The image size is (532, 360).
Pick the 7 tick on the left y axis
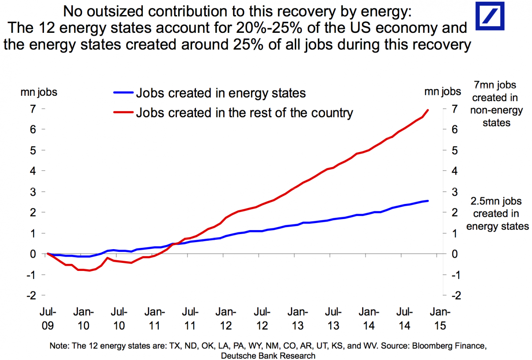coord(33,109)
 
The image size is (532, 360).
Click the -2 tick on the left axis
coord(31,295)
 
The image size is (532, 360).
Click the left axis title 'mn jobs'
coord(39,92)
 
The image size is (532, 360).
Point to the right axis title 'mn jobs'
coord(442,92)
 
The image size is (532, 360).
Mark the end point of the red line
coord(428,110)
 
